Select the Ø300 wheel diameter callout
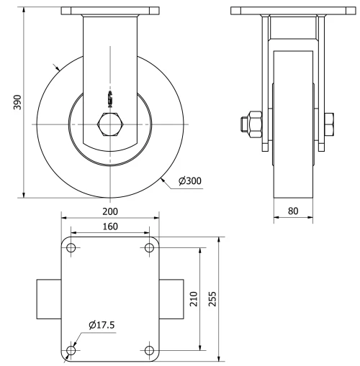click(188, 181)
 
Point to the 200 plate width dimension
click(109, 211)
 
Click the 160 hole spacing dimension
click(109, 227)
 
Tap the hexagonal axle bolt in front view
click(109, 124)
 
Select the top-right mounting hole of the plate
click(149, 248)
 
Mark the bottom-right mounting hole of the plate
click(149, 351)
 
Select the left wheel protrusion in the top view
click(48, 299)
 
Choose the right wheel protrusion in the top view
click(171, 299)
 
